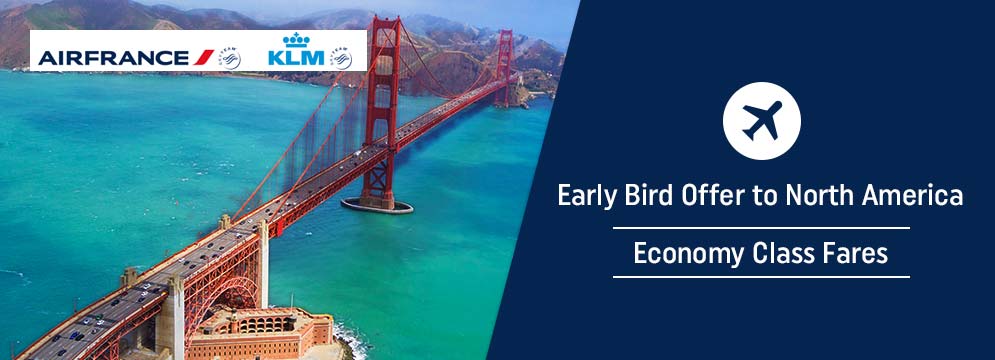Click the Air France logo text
(x=114, y=58)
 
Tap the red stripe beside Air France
(x=204, y=58)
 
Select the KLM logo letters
(x=296, y=58)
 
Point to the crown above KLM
(x=296, y=40)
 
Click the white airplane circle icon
(x=761, y=121)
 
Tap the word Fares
(x=852, y=253)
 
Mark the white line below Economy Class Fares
(x=761, y=277)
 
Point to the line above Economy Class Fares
(x=761, y=227)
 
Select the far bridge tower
(x=504, y=67)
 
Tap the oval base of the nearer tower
(x=377, y=205)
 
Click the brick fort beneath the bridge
(x=259, y=333)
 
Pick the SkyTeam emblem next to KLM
(x=341, y=58)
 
